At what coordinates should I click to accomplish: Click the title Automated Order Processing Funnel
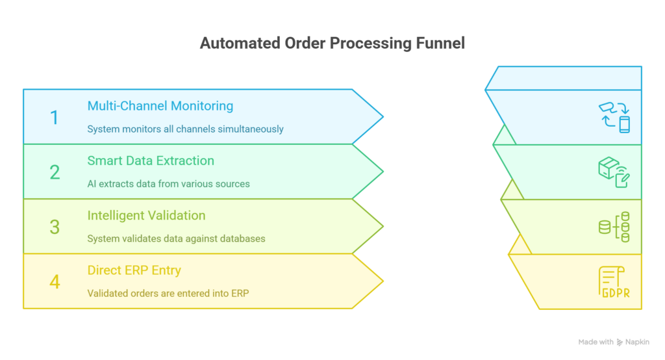tap(332, 44)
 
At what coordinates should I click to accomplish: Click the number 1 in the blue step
tap(54, 118)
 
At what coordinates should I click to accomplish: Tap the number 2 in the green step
tap(55, 172)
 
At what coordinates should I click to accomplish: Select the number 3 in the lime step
tap(55, 227)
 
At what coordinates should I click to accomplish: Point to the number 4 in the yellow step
tap(55, 281)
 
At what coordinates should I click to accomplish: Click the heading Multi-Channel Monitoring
tap(160, 106)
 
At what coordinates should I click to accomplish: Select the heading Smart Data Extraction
tap(151, 161)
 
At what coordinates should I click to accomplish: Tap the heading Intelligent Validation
tap(146, 215)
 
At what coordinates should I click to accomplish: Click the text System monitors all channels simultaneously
tap(185, 129)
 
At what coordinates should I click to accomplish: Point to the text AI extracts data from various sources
tap(168, 183)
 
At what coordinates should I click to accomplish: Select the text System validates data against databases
tap(176, 238)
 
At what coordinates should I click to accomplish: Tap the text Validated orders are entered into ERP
tap(168, 293)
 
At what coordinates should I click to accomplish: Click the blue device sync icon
tap(614, 117)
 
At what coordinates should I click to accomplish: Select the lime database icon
tap(614, 227)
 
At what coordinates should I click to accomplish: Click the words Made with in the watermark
tap(596, 342)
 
